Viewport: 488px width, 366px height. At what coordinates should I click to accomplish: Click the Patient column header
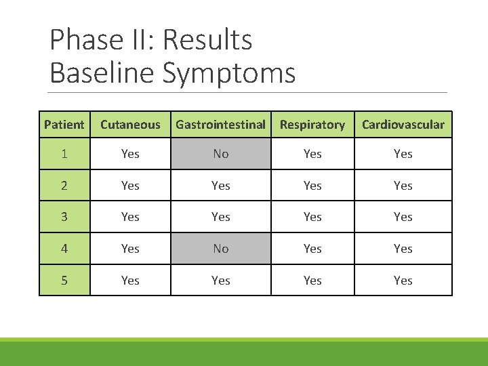(x=64, y=125)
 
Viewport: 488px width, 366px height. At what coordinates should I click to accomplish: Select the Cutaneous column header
(x=130, y=125)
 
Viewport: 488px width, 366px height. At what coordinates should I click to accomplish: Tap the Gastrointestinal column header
(x=220, y=125)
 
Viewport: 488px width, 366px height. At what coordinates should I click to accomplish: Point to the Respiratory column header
(x=312, y=125)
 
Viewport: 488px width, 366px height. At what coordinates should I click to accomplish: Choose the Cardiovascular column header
(x=403, y=125)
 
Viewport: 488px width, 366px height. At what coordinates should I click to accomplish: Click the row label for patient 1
(x=64, y=154)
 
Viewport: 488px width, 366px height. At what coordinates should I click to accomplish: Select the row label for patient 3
(x=64, y=217)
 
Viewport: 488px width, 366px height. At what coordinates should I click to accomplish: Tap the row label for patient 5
(x=64, y=280)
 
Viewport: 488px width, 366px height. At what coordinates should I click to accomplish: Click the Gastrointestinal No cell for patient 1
(x=220, y=154)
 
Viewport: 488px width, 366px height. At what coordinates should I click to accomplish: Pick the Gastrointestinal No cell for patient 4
(x=220, y=249)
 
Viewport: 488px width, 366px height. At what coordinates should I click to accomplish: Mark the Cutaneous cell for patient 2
(x=130, y=185)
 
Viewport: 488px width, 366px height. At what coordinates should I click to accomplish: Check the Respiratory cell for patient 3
(x=312, y=217)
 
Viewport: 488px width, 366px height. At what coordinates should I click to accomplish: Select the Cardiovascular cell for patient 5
(x=403, y=280)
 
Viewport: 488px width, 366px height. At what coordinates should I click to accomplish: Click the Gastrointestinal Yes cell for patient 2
(x=220, y=185)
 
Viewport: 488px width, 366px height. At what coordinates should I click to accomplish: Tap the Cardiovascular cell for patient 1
(x=403, y=154)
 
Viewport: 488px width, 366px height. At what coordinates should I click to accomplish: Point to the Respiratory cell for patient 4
(x=312, y=249)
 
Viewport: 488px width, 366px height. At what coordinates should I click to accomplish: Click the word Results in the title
(x=207, y=41)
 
